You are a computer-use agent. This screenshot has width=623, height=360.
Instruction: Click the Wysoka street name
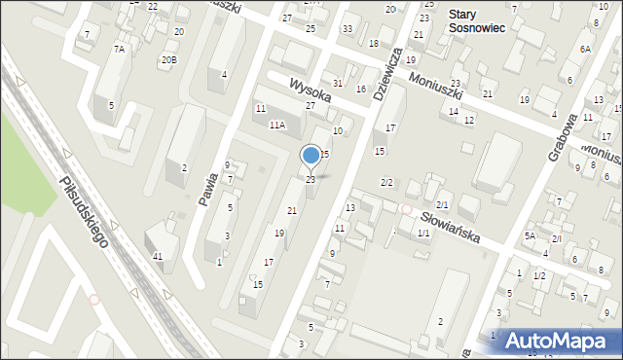[x=309, y=93]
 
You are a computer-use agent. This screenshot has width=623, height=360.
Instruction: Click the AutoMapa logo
[x=560, y=340]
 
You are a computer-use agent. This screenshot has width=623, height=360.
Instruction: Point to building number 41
[x=158, y=256]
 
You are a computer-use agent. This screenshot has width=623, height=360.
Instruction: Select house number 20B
[x=169, y=59]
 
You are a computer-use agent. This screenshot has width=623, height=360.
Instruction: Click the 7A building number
[x=119, y=49]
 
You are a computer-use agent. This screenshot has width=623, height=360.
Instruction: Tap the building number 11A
[x=277, y=125]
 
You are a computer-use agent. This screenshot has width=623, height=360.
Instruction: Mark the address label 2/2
[x=386, y=183]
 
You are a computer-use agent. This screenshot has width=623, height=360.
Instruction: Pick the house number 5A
[x=531, y=235]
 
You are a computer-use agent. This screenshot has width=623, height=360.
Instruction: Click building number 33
[x=347, y=28]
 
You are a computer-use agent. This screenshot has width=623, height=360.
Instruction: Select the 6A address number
[x=585, y=49]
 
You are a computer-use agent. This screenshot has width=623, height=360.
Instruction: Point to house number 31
[x=338, y=84]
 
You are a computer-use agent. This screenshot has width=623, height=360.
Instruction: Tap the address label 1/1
[x=423, y=234]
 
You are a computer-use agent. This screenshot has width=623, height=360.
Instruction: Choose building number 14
[x=453, y=111]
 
